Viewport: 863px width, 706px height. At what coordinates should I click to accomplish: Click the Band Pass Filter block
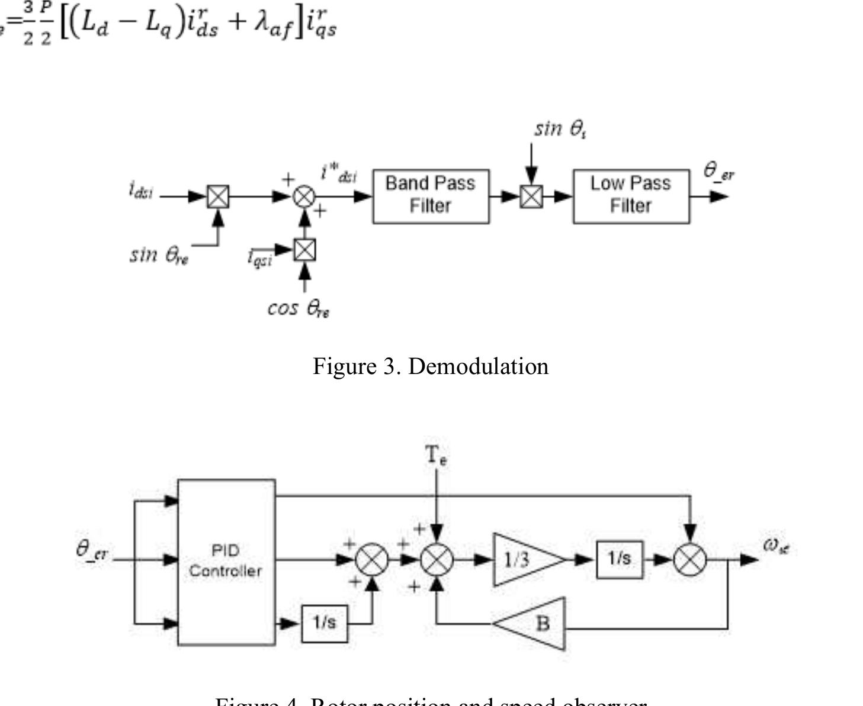[x=431, y=196]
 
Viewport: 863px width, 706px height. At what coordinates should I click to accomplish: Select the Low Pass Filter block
[x=631, y=196]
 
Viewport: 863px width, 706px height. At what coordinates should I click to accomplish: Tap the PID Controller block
[x=226, y=562]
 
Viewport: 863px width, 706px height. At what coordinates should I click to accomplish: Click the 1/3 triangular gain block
[x=521, y=559]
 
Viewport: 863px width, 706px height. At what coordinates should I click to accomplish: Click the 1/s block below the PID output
[x=325, y=623]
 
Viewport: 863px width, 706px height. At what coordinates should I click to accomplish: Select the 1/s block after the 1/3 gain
[x=619, y=559]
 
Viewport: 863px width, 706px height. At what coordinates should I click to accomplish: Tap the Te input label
[x=437, y=455]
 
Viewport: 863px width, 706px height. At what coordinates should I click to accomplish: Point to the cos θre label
[x=299, y=308]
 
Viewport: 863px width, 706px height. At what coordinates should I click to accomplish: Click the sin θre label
[x=159, y=255]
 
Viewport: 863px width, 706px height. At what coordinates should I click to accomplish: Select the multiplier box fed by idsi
[x=218, y=196]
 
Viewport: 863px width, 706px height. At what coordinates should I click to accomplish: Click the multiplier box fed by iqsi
[x=304, y=250]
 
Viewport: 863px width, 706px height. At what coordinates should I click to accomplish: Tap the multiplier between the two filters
[x=531, y=196]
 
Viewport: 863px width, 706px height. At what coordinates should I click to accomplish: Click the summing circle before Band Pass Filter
[x=304, y=196]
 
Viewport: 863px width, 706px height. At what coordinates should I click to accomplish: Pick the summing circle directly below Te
[x=437, y=559]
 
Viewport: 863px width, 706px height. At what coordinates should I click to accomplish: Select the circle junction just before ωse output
[x=690, y=559]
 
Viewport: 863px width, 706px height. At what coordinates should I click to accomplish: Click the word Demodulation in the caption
[x=479, y=366]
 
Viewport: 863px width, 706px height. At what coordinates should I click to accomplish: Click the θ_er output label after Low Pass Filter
[x=718, y=172]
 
